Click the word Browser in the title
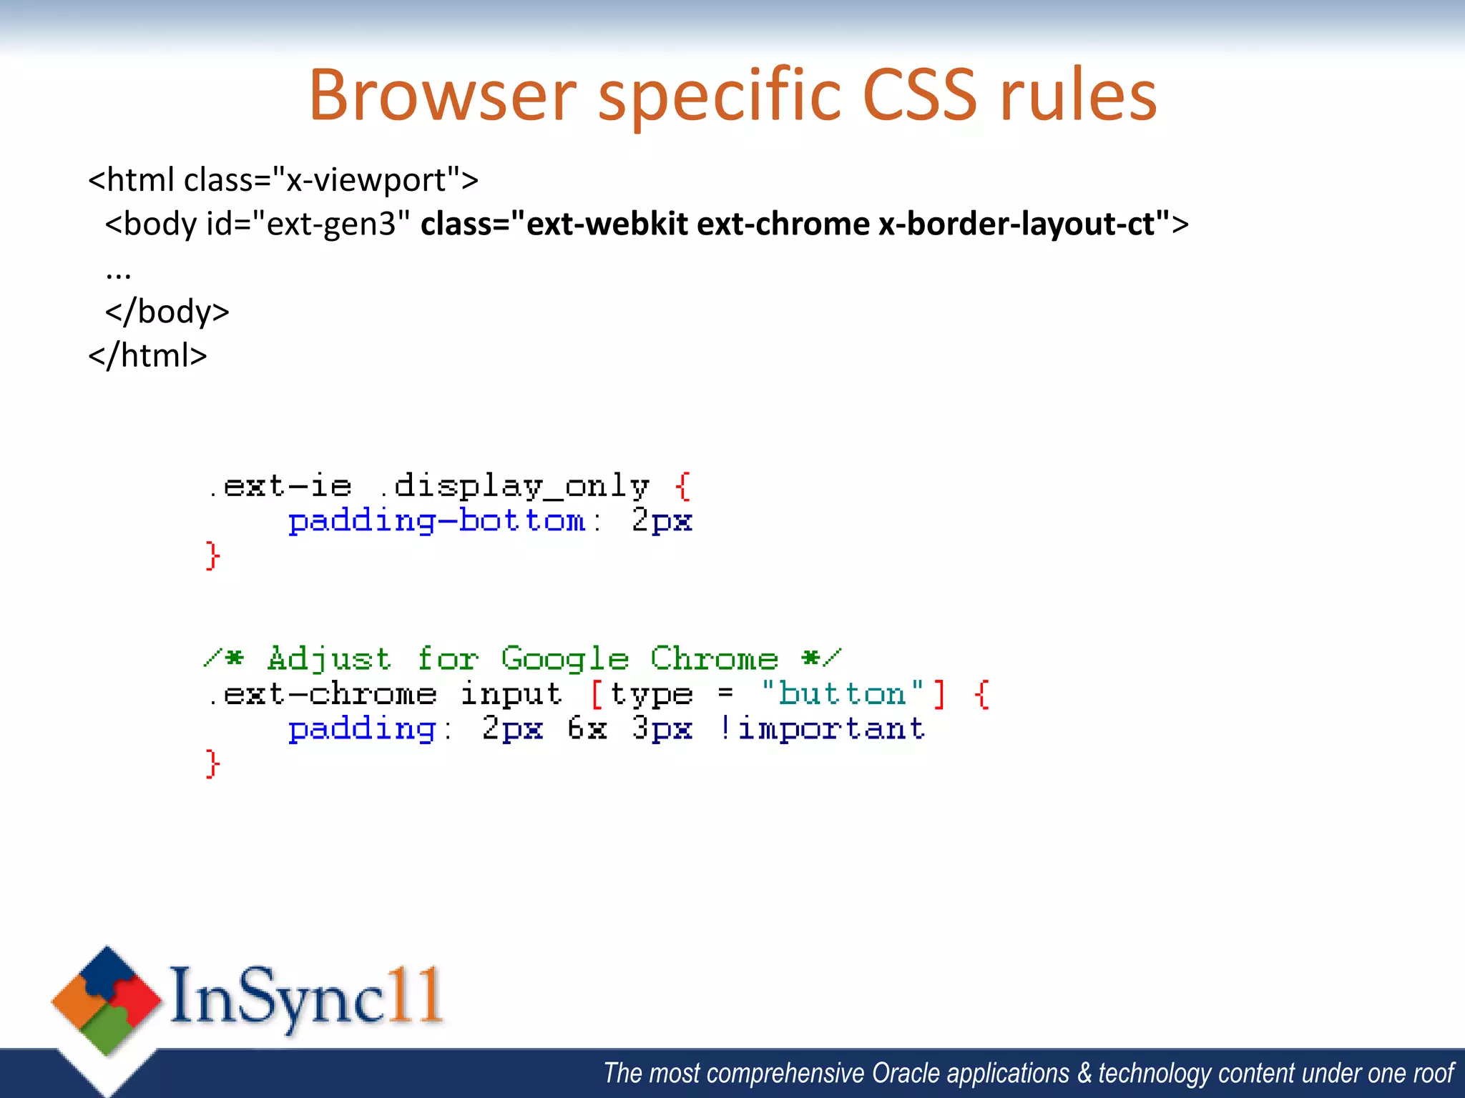442,96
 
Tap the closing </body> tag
167,312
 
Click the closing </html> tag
147,355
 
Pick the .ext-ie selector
280,486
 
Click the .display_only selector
514,486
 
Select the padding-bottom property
437,521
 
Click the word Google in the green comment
564,659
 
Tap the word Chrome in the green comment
714,659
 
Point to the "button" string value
842,693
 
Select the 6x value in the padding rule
587,729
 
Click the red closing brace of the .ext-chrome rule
212,764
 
